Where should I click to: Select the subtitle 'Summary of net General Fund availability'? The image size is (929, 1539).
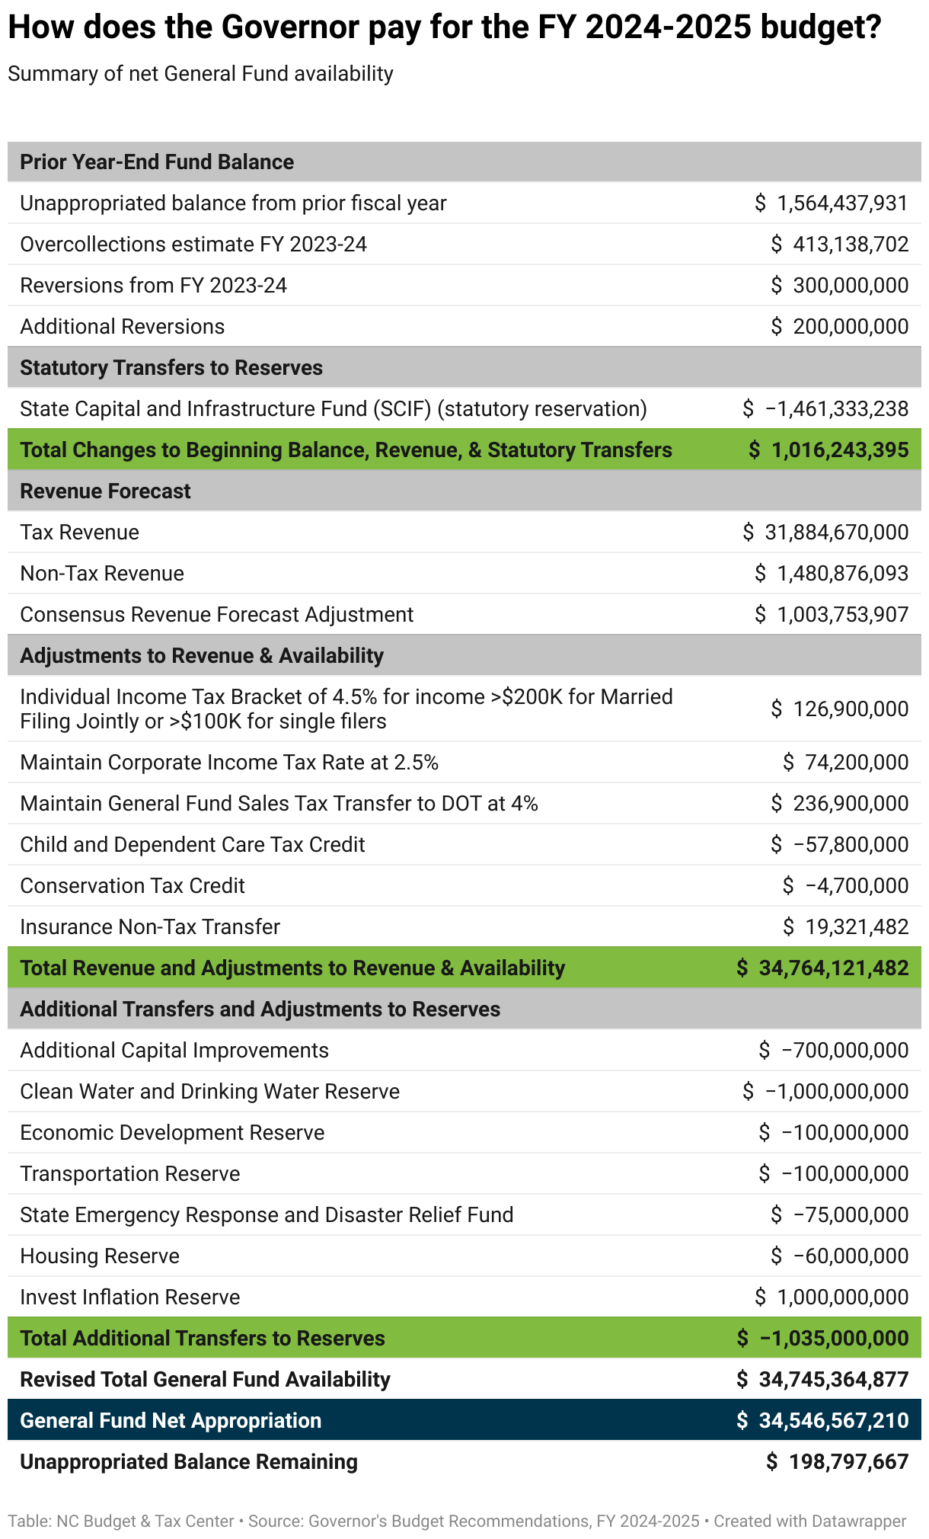coord(200,74)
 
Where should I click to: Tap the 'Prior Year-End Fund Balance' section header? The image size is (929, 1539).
coord(157,162)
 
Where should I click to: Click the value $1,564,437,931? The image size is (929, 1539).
coord(832,203)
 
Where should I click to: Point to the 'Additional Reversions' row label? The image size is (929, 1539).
coord(122,327)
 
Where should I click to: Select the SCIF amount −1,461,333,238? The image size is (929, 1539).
coord(825,409)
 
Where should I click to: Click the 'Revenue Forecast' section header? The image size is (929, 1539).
coord(105,491)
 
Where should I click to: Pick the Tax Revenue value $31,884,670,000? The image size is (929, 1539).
coord(825,533)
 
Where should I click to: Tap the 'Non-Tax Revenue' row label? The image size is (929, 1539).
coord(102,574)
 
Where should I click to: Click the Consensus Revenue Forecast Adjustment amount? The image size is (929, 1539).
coord(832,615)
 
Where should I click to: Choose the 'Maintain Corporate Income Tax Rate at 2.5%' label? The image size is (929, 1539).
coord(229,763)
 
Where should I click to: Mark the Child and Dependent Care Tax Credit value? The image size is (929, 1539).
coord(840,845)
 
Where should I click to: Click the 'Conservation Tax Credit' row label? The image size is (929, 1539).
coord(132,886)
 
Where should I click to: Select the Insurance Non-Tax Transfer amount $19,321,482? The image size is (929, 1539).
coord(846,927)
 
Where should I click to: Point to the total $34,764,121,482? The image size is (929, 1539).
coord(822,968)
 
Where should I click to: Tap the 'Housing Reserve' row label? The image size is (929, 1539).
coord(100,1256)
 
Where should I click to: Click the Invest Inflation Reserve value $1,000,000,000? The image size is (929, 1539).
coord(832,1297)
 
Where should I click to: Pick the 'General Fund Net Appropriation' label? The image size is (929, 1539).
coord(171,1421)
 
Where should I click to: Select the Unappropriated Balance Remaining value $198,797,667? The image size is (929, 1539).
coord(838,1462)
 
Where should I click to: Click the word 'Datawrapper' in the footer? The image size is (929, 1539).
coord(859,1521)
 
